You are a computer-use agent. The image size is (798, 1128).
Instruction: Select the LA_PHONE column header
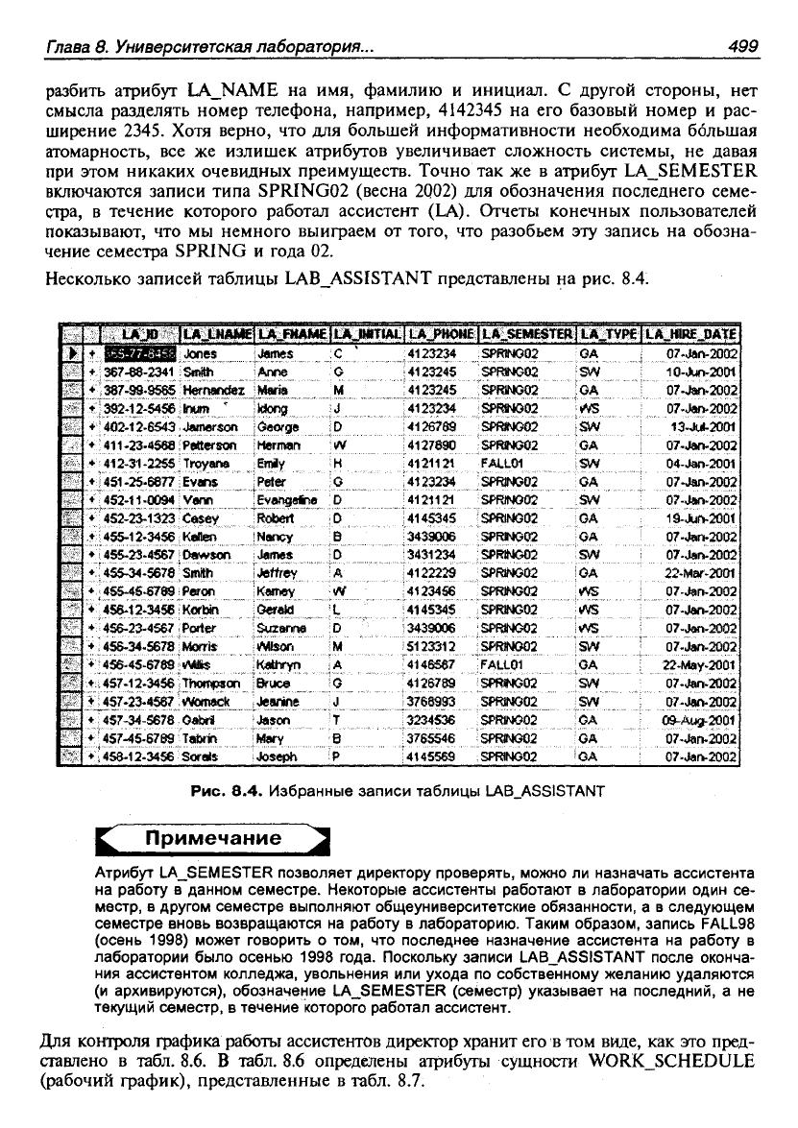coord(441,334)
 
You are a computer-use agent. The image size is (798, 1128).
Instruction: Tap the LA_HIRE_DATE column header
coord(690,334)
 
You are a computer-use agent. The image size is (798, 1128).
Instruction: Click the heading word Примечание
coord(212,838)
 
